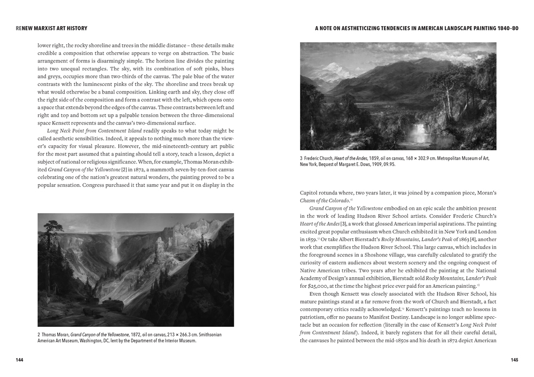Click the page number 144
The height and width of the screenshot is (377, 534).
(x=19, y=360)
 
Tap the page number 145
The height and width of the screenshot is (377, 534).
(x=514, y=360)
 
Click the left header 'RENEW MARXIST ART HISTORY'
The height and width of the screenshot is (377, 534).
(x=51, y=28)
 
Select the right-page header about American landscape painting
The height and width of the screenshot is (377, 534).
(x=417, y=28)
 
